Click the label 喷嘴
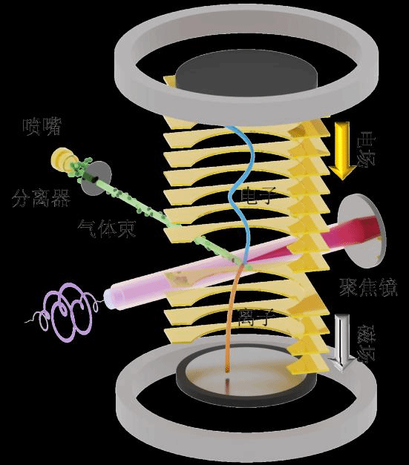pyautogui.click(x=42, y=127)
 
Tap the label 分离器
pyautogui.click(x=42, y=198)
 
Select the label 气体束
pyautogui.click(x=107, y=228)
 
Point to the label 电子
pyautogui.click(x=256, y=196)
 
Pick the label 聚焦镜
pyautogui.click(x=368, y=287)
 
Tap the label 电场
pyautogui.click(x=366, y=148)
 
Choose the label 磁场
pyautogui.click(x=366, y=343)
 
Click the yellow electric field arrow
pyautogui.click(x=342, y=151)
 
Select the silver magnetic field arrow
pyautogui.click(x=342, y=343)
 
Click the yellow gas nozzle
pyautogui.click(x=63, y=159)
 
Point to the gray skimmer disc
pyautogui.click(x=96, y=178)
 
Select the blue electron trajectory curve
pyautogui.click(x=242, y=193)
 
